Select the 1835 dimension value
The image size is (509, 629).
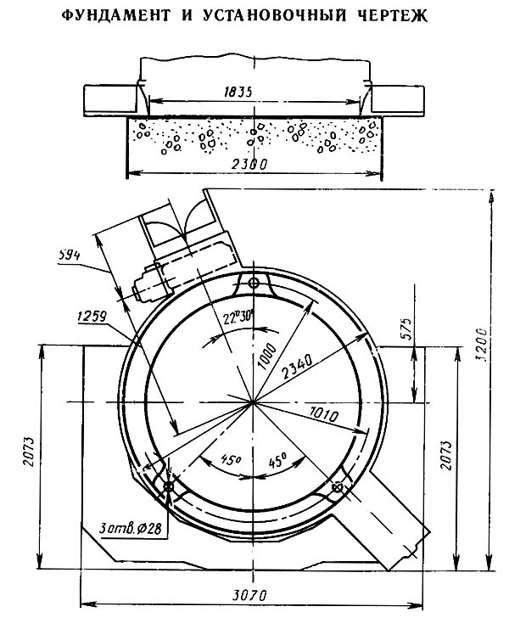click(x=238, y=93)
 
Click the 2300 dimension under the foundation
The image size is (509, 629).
click(x=249, y=164)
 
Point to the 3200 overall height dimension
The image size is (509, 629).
click(x=482, y=345)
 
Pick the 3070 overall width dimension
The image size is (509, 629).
click(x=249, y=595)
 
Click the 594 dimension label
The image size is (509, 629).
click(x=69, y=255)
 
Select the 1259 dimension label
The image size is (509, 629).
click(x=92, y=317)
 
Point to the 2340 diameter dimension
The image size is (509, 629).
click(x=297, y=366)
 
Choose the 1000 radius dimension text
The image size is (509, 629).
click(x=267, y=356)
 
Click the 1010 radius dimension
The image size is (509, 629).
click(x=324, y=414)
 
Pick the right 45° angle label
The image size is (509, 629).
click(x=277, y=459)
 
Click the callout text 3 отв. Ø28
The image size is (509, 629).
click(x=131, y=528)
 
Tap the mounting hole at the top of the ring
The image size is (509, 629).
click(x=254, y=284)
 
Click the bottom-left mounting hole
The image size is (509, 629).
click(x=168, y=487)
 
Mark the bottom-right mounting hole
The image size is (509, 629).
click(x=338, y=488)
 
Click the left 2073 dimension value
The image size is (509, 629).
click(x=29, y=452)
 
